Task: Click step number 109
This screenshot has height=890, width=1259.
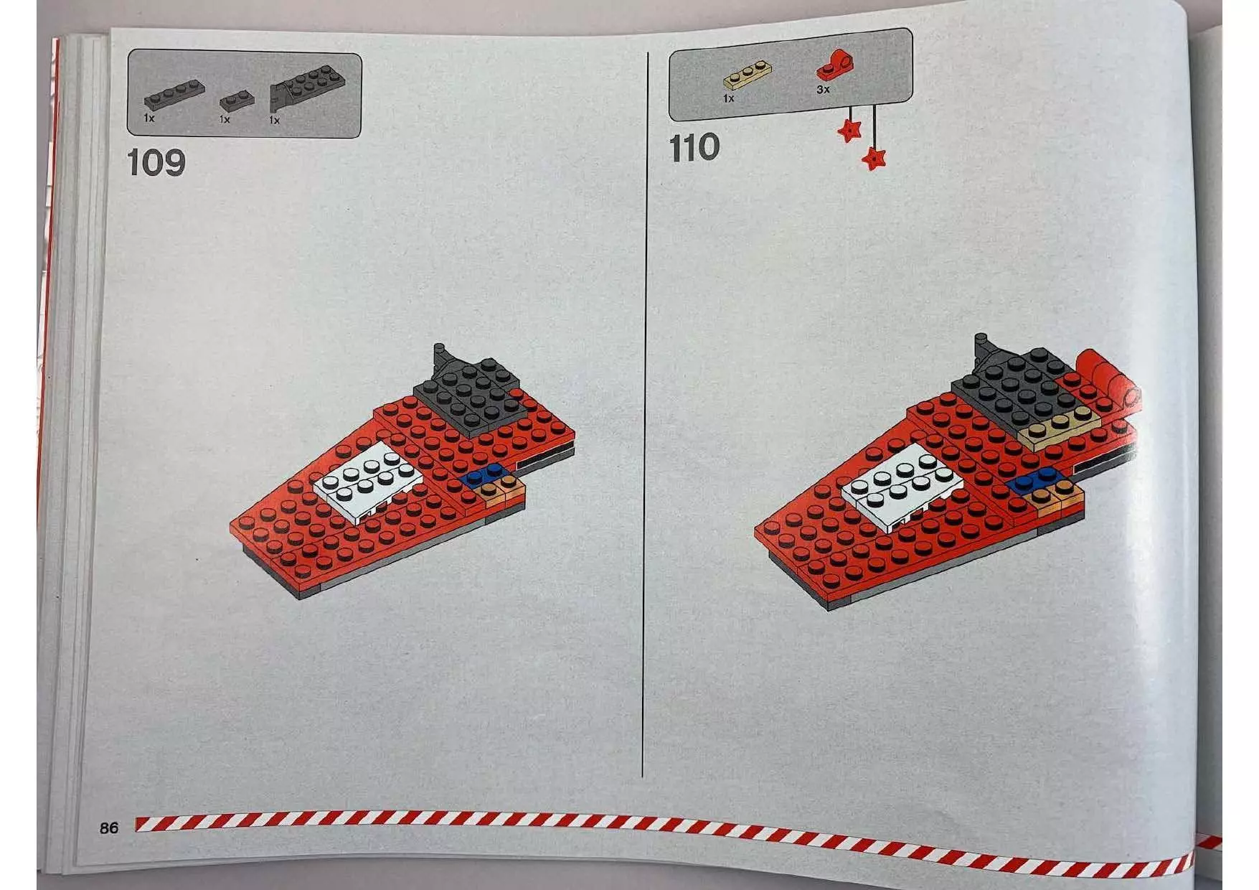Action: tap(156, 163)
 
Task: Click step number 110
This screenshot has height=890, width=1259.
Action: tap(694, 148)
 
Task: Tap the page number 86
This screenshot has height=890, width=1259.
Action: tap(109, 828)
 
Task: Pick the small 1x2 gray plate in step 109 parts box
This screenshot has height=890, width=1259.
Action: tap(237, 100)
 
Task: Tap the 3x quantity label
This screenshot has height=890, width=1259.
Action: tap(823, 90)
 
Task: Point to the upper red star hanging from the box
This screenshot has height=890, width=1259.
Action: tap(850, 130)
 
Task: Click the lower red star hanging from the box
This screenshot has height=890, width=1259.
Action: tap(874, 157)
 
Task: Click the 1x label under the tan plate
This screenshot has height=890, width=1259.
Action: tap(729, 98)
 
